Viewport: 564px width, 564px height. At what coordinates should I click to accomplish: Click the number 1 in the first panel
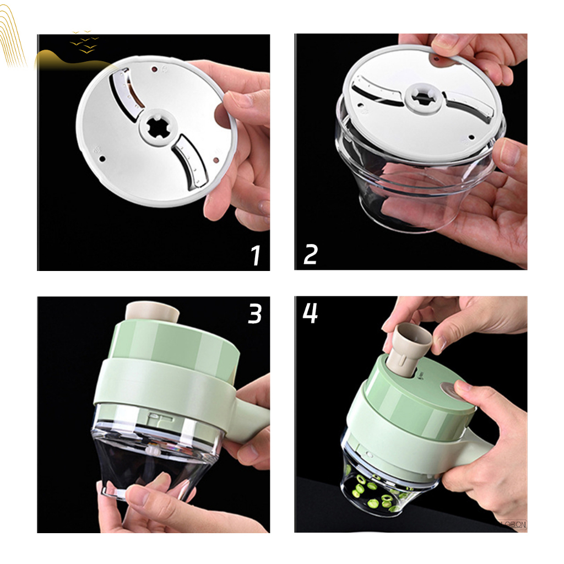[x=255, y=255]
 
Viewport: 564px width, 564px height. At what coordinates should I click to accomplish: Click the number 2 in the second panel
[x=311, y=255]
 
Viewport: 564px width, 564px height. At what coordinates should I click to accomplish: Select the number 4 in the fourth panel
[x=310, y=312]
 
